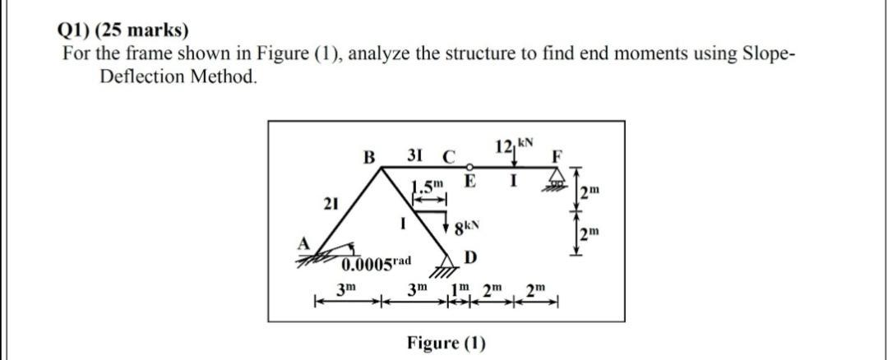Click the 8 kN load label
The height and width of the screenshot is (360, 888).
point(467,224)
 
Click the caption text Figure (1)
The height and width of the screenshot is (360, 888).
point(446,342)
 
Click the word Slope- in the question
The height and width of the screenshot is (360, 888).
point(765,54)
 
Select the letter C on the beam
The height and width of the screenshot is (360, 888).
point(448,155)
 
